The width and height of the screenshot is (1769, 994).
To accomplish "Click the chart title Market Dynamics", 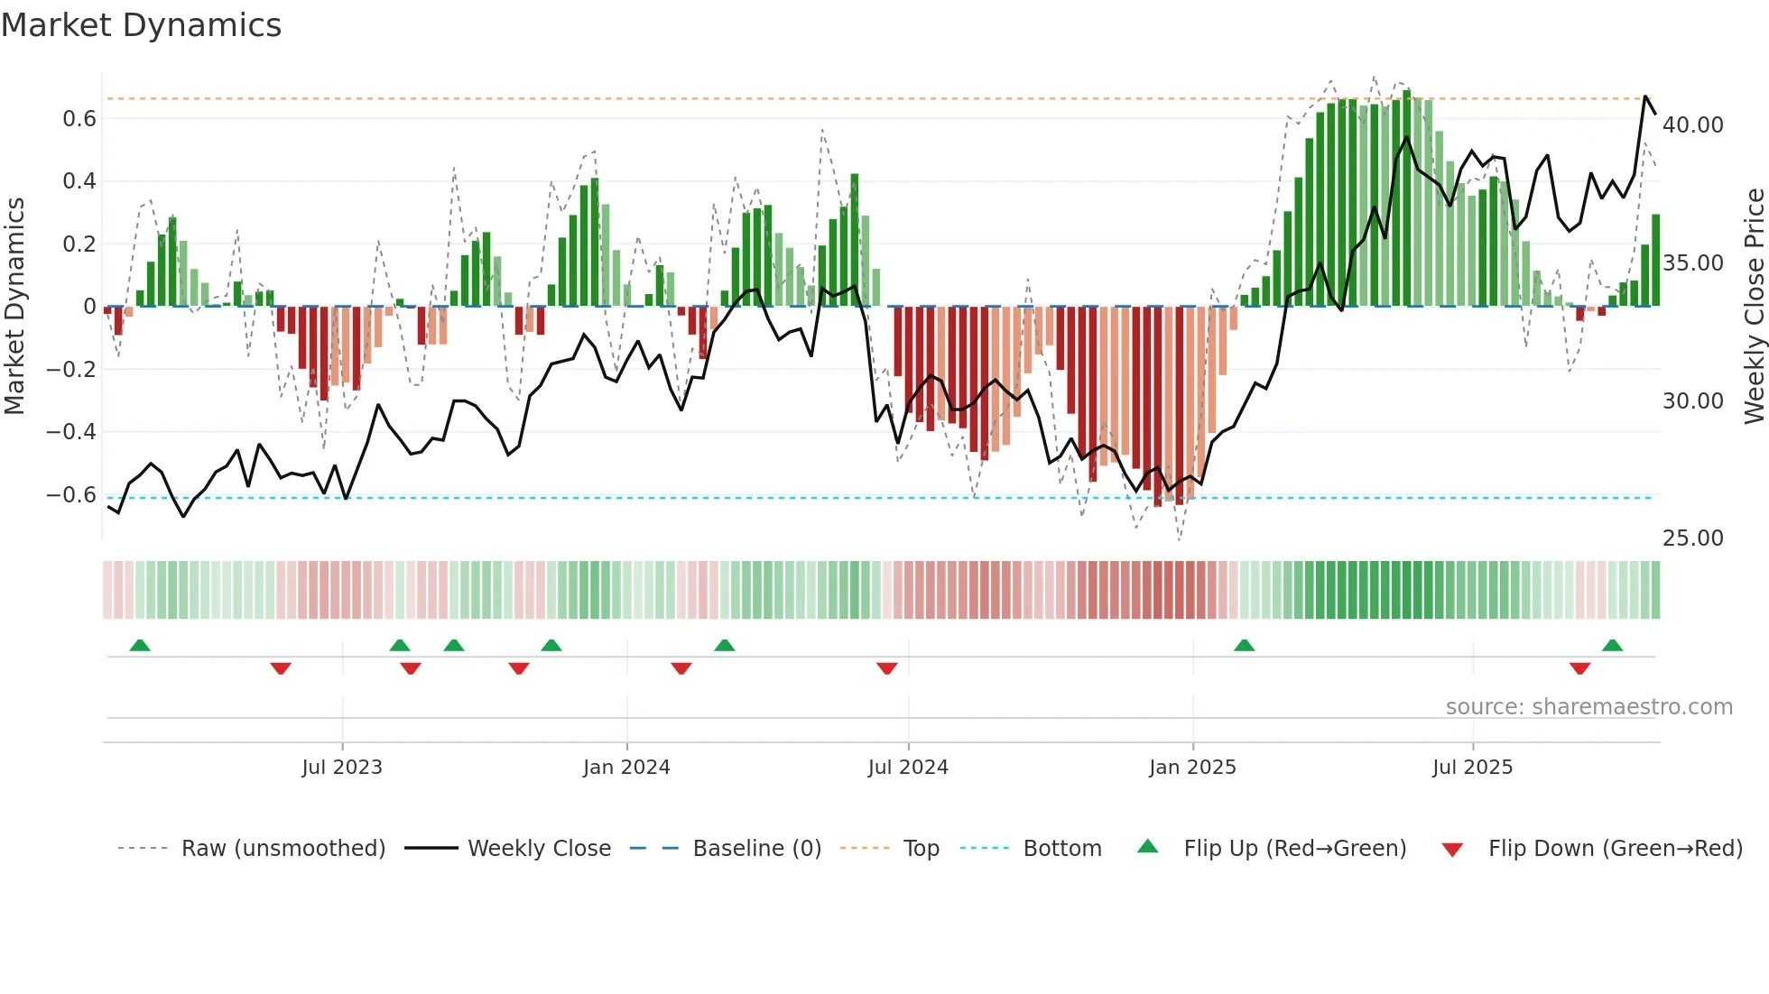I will click(141, 25).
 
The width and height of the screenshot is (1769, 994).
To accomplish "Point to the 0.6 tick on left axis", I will click(79, 119).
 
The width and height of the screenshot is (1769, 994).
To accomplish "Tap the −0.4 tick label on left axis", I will click(71, 432).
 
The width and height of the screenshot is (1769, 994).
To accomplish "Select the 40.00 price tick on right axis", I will click(1692, 125).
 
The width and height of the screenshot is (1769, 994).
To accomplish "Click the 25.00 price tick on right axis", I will click(1692, 538).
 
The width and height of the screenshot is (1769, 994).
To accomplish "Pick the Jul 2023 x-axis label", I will click(342, 768).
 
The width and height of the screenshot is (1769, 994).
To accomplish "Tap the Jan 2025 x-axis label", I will click(1192, 768).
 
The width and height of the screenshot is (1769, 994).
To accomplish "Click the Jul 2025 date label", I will click(1472, 768).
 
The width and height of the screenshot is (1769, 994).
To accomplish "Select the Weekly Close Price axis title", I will click(1754, 307).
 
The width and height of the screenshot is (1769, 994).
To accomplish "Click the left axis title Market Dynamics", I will click(15, 307).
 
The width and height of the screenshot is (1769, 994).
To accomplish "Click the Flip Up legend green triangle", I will click(1147, 846).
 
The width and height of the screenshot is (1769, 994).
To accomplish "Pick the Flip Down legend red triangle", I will click(1452, 850).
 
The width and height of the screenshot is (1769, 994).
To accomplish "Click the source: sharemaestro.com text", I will click(1588, 707).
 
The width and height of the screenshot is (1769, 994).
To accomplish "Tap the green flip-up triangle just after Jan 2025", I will click(1244, 645).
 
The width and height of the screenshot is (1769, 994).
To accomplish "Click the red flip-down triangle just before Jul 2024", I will click(887, 668).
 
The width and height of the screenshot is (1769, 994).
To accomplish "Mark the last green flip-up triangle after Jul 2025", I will click(1612, 645).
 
